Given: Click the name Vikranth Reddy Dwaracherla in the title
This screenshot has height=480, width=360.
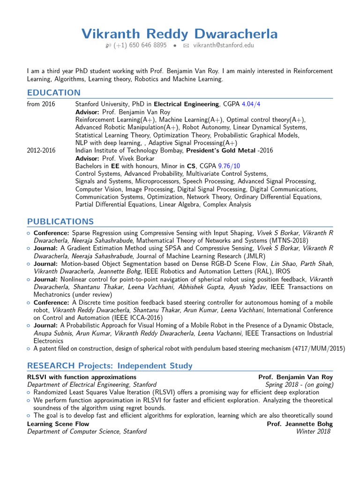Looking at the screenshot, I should pyautogui.click(x=180, y=34).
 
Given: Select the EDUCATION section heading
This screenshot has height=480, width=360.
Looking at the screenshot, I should pyautogui.click(x=53, y=92).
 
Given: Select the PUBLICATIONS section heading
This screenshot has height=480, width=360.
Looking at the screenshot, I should pyautogui.click(x=60, y=221).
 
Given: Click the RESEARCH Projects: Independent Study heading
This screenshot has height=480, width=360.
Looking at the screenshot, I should pyautogui.click(x=110, y=366).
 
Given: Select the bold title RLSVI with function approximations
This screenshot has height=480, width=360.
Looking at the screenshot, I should pyautogui.click(x=82, y=377).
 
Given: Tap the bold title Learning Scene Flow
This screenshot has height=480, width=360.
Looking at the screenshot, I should pyautogui.click(x=58, y=424).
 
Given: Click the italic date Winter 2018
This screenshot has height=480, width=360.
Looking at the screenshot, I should pyautogui.click(x=314, y=431).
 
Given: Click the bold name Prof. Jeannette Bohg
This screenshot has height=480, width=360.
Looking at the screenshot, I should pyautogui.click(x=300, y=424).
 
